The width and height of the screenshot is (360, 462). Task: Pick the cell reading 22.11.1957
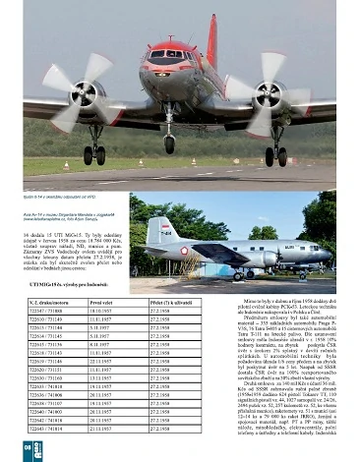(103, 363)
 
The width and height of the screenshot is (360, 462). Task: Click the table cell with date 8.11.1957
(102, 345)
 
